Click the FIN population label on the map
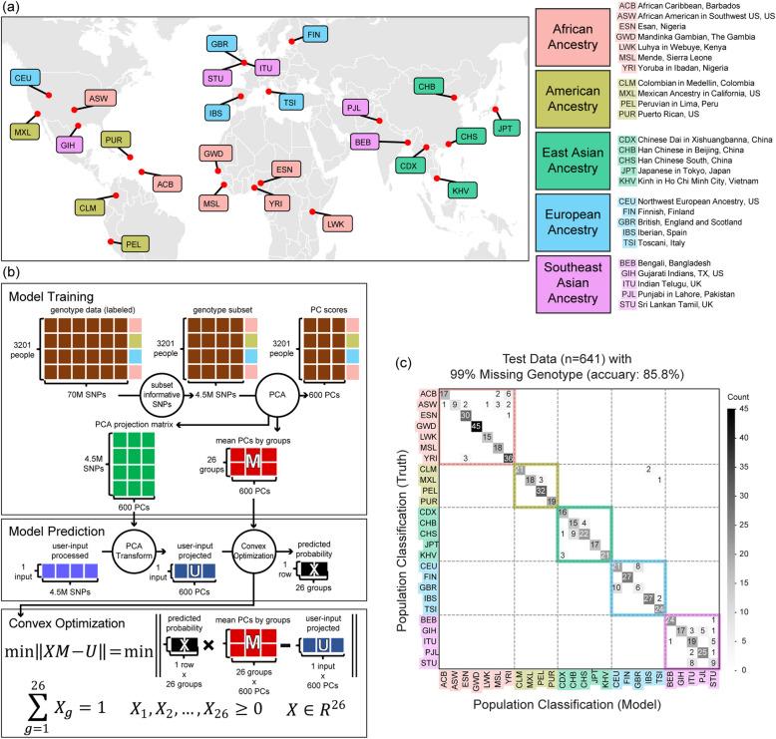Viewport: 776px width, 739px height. (315, 34)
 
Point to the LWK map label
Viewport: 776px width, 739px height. (335, 223)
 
